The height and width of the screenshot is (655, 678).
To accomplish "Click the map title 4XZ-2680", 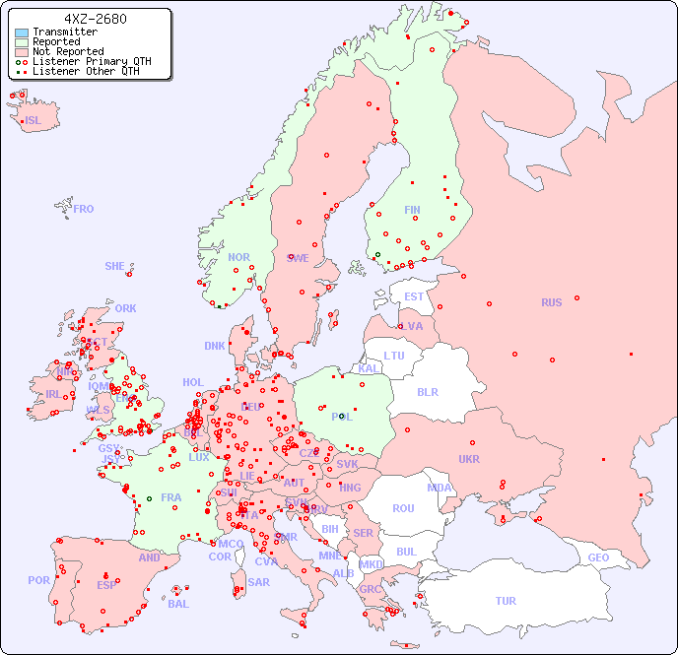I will (95, 19).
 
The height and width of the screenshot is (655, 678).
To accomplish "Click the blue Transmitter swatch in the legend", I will (22, 33).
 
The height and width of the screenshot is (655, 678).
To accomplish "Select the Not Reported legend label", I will (67, 51).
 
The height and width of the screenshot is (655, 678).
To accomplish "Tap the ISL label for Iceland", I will (34, 121).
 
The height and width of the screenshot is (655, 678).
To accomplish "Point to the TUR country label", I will (506, 601).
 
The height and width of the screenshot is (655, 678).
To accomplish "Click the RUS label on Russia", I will (551, 302).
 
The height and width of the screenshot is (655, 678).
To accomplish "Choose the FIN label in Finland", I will (412, 210).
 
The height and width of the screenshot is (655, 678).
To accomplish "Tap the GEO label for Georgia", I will (598, 557).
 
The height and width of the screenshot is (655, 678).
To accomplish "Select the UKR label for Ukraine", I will (469, 459).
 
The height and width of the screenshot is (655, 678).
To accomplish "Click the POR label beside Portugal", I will (38, 580).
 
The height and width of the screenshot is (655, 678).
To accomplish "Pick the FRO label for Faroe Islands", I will (84, 209).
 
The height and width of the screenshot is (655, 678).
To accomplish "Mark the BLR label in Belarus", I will (427, 391).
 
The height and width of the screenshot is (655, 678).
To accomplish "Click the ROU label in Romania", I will (403, 508).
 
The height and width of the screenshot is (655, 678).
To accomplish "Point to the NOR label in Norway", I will (238, 257).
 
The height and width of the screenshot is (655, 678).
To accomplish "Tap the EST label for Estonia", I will (414, 296).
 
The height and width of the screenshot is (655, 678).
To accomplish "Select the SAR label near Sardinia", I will (258, 582).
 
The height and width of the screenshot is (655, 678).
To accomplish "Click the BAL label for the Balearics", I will (177, 604).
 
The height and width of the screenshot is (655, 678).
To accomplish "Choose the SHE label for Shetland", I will (115, 266).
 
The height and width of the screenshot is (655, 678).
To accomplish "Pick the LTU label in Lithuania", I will (394, 356).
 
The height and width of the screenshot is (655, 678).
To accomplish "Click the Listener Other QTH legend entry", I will (86, 71).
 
